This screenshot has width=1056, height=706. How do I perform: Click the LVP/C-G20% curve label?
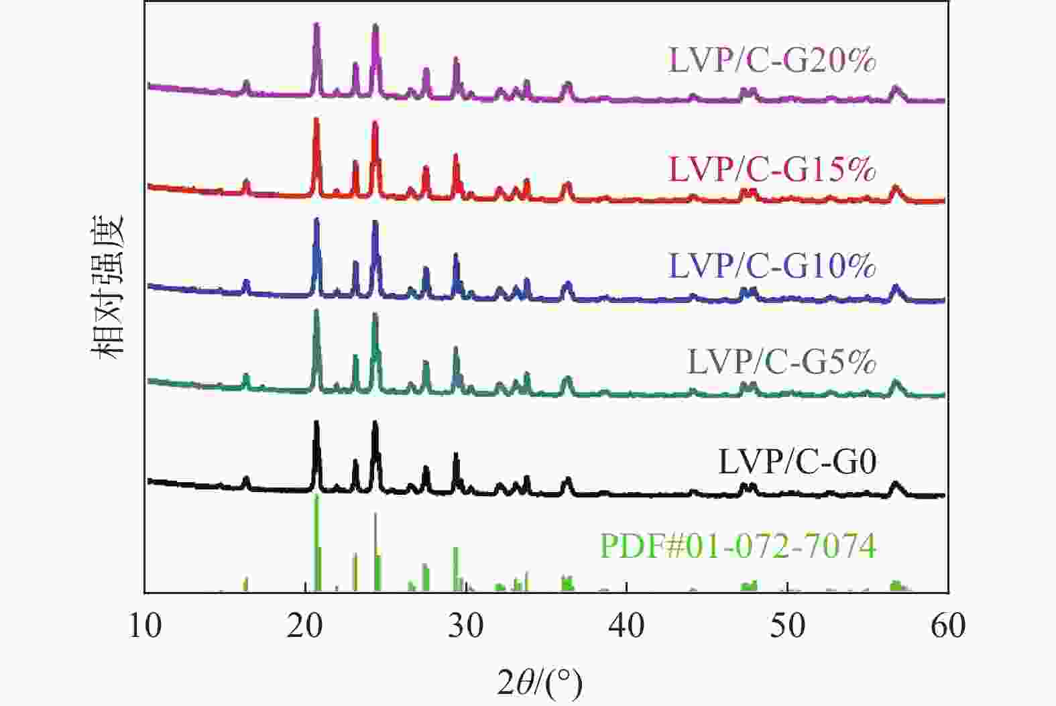tap(772, 60)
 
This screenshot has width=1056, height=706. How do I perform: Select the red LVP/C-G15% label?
tap(772, 169)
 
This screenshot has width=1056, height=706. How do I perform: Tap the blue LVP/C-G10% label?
tap(772, 266)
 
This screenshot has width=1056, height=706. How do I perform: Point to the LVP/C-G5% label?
tap(782, 362)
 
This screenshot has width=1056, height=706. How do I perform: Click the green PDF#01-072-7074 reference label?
tap(738, 546)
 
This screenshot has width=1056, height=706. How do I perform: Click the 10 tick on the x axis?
tap(145, 626)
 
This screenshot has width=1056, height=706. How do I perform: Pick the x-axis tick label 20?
tap(306, 626)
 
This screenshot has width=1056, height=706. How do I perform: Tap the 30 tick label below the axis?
tap(466, 626)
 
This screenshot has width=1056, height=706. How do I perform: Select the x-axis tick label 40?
tap(626, 626)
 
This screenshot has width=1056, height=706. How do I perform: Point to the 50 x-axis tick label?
tap(787, 626)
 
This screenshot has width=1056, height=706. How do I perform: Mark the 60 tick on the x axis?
tap(947, 626)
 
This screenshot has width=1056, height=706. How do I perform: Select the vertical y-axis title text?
tap(109, 287)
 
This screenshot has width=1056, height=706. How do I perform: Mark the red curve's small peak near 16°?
tap(246, 182)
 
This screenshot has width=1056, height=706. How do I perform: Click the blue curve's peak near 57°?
tap(895, 288)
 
